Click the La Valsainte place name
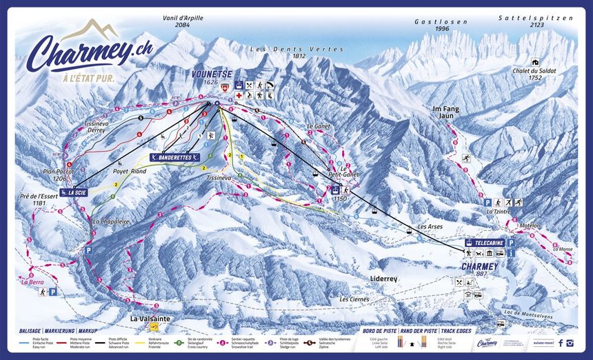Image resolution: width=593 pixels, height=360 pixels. (150, 319)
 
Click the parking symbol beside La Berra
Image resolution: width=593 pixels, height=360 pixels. (52, 292)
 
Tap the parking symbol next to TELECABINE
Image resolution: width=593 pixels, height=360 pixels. (512, 243)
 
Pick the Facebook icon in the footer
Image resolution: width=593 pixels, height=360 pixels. (561, 343)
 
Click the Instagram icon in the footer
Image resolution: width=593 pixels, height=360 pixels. (570, 343)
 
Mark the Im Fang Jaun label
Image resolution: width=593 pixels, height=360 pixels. (445, 112)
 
